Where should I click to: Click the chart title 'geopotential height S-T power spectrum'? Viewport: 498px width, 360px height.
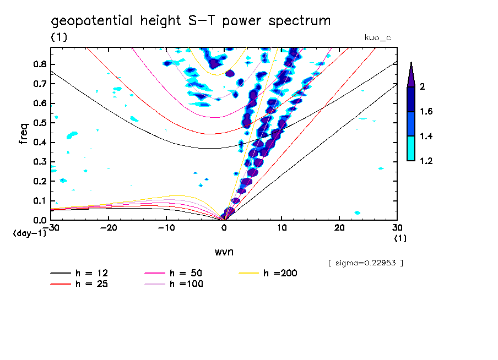pyautogui.click(x=191, y=21)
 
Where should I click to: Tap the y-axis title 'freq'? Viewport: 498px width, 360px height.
pyautogui.click(x=24, y=134)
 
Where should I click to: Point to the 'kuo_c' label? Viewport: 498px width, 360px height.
pyautogui.click(x=378, y=37)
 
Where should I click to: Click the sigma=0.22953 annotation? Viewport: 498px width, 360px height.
pyautogui.click(x=365, y=263)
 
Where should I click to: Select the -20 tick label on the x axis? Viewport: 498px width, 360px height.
pyautogui.click(x=109, y=227)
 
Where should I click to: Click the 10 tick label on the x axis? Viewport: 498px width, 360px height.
pyautogui.click(x=282, y=227)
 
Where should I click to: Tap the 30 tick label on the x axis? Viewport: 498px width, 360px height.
pyautogui.click(x=397, y=227)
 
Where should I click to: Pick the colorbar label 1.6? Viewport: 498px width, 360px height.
pyautogui.click(x=427, y=111)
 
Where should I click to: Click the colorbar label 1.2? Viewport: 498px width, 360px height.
pyautogui.click(x=427, y=161)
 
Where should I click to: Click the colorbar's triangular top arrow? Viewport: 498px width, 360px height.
pyautogui.click(x=411, y=74)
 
